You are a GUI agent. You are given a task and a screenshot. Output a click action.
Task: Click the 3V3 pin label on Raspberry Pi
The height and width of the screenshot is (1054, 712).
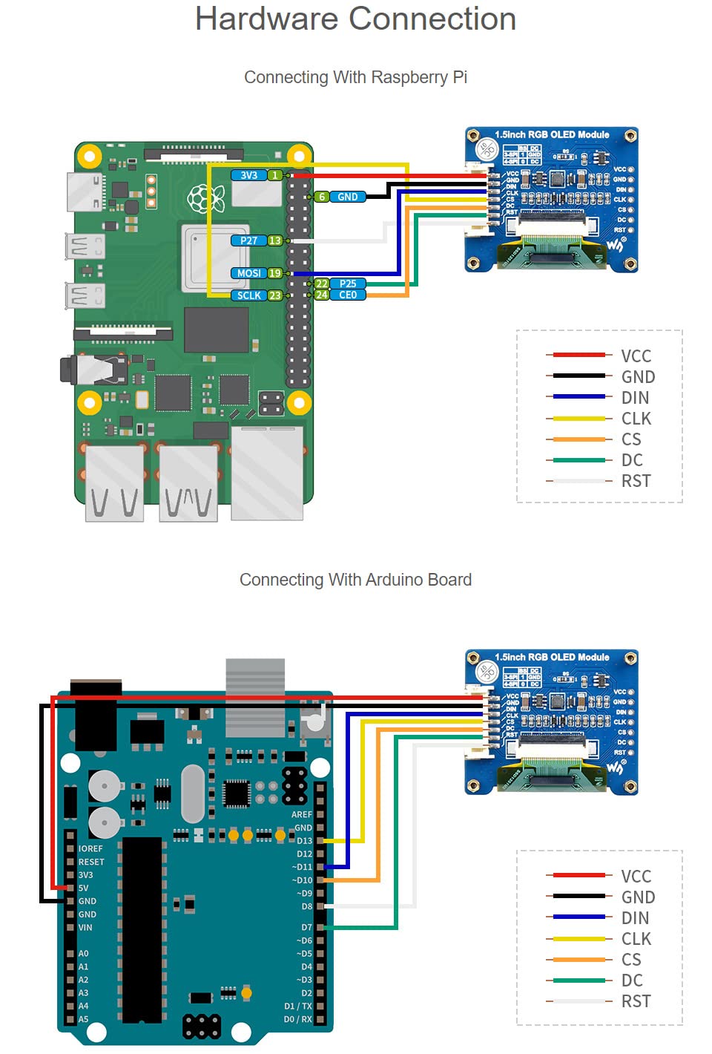pyautogui.click(x=248, y=175)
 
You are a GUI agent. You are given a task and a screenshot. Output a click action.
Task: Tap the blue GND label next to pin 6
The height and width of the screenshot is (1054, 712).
pyautogui.click(x=347, y=197)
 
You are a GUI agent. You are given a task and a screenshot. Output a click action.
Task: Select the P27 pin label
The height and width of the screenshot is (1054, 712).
pyautogui.click(x=248, y=240)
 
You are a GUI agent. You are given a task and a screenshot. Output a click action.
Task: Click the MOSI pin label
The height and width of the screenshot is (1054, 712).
pyautogui.click(x=248, y=273)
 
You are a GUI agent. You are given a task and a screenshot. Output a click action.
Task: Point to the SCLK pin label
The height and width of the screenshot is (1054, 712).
pyautogui.click(x=248, y=295)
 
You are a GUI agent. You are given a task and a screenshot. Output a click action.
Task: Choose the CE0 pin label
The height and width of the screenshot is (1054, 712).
pyautogui.click(x=348, y=295)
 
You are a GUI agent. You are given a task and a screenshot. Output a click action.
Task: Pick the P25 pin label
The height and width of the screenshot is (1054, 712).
pyautogui.click(x=348, y=284)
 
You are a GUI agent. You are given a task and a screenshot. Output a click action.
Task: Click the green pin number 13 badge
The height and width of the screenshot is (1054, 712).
pyautogui.click(x=275, y=240)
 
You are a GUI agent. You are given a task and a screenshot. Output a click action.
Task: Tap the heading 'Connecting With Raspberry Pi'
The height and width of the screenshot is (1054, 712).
pyautogui.click(x=355, y=77)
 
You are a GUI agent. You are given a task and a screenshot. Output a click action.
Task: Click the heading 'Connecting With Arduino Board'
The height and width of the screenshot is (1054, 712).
pyautogui.click(x=355, y=580)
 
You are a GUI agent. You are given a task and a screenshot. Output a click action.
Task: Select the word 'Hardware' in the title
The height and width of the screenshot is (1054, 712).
pyautogui.click(x=266, y=19)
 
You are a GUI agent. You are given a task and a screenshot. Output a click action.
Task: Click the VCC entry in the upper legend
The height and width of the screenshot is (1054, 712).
pyautogui.click(x=636, y=356)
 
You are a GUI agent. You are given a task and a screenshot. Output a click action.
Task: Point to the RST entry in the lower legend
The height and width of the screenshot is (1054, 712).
pyautogui.click(x=636, y=1001)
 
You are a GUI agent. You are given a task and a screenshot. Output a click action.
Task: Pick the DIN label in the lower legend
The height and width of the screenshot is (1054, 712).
pyautogui.click(x=635, y=918)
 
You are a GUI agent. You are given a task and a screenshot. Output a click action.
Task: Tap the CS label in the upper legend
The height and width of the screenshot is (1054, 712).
pyautogui.click(x=631, y=439)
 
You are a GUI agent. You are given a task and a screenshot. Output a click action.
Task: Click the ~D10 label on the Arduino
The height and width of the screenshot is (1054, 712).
pyautogui.click(x=303, y=880)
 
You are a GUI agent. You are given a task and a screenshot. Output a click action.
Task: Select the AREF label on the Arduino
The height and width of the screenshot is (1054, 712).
pyautogui.click(x=302, y=814)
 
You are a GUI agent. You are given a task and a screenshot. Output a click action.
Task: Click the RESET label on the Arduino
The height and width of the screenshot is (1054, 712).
pyautogui.click(x=91, y=862)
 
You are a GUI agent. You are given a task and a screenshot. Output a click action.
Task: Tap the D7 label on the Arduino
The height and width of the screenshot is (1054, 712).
pyautogui.click(x=306, y=927)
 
